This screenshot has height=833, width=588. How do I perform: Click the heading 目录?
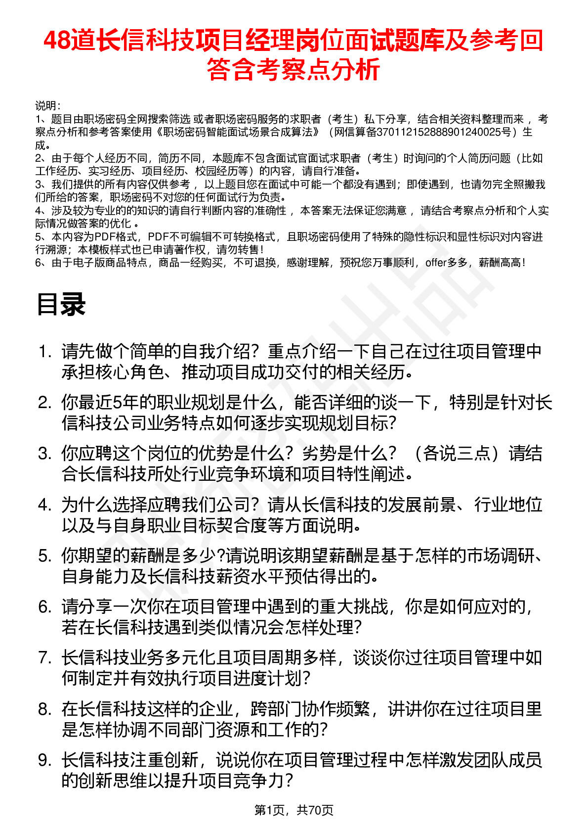tap(61, 305)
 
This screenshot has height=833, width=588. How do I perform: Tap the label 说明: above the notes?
tap(48, 106)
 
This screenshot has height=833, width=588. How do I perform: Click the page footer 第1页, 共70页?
tap(294, 810)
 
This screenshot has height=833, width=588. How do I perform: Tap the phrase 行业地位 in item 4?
tap(508, 505)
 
